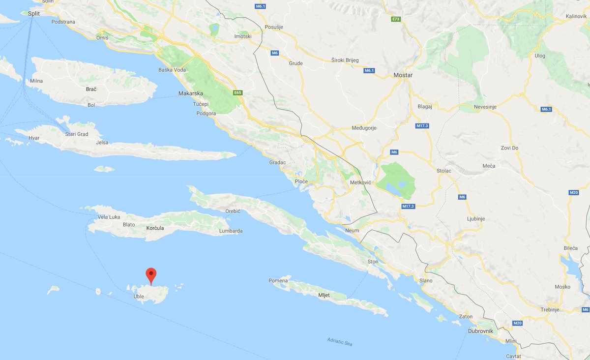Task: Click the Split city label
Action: (34, 14)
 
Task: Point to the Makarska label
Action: (191, 93)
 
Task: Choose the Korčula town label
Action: (155, 228)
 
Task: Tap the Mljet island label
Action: (324, 295)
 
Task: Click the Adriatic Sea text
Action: (340, 342)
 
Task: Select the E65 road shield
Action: (237, 92)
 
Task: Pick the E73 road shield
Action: (395, 19)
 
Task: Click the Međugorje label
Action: (364, 128)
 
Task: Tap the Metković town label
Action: (360, 182)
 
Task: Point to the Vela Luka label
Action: (109, 217)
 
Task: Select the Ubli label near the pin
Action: (139, 297)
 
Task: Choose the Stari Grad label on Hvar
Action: (77, 134)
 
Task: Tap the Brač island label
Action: (91, 89)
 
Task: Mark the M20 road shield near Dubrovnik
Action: (517, 323)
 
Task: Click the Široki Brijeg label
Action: (345, 60)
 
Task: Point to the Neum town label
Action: (352, 231)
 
